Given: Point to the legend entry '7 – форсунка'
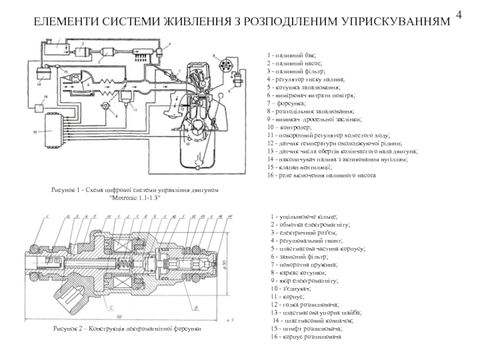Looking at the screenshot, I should pos(288,103).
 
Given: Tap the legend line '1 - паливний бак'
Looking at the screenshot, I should pos(292,55).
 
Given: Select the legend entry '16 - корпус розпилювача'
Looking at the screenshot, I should pos(306,337).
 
